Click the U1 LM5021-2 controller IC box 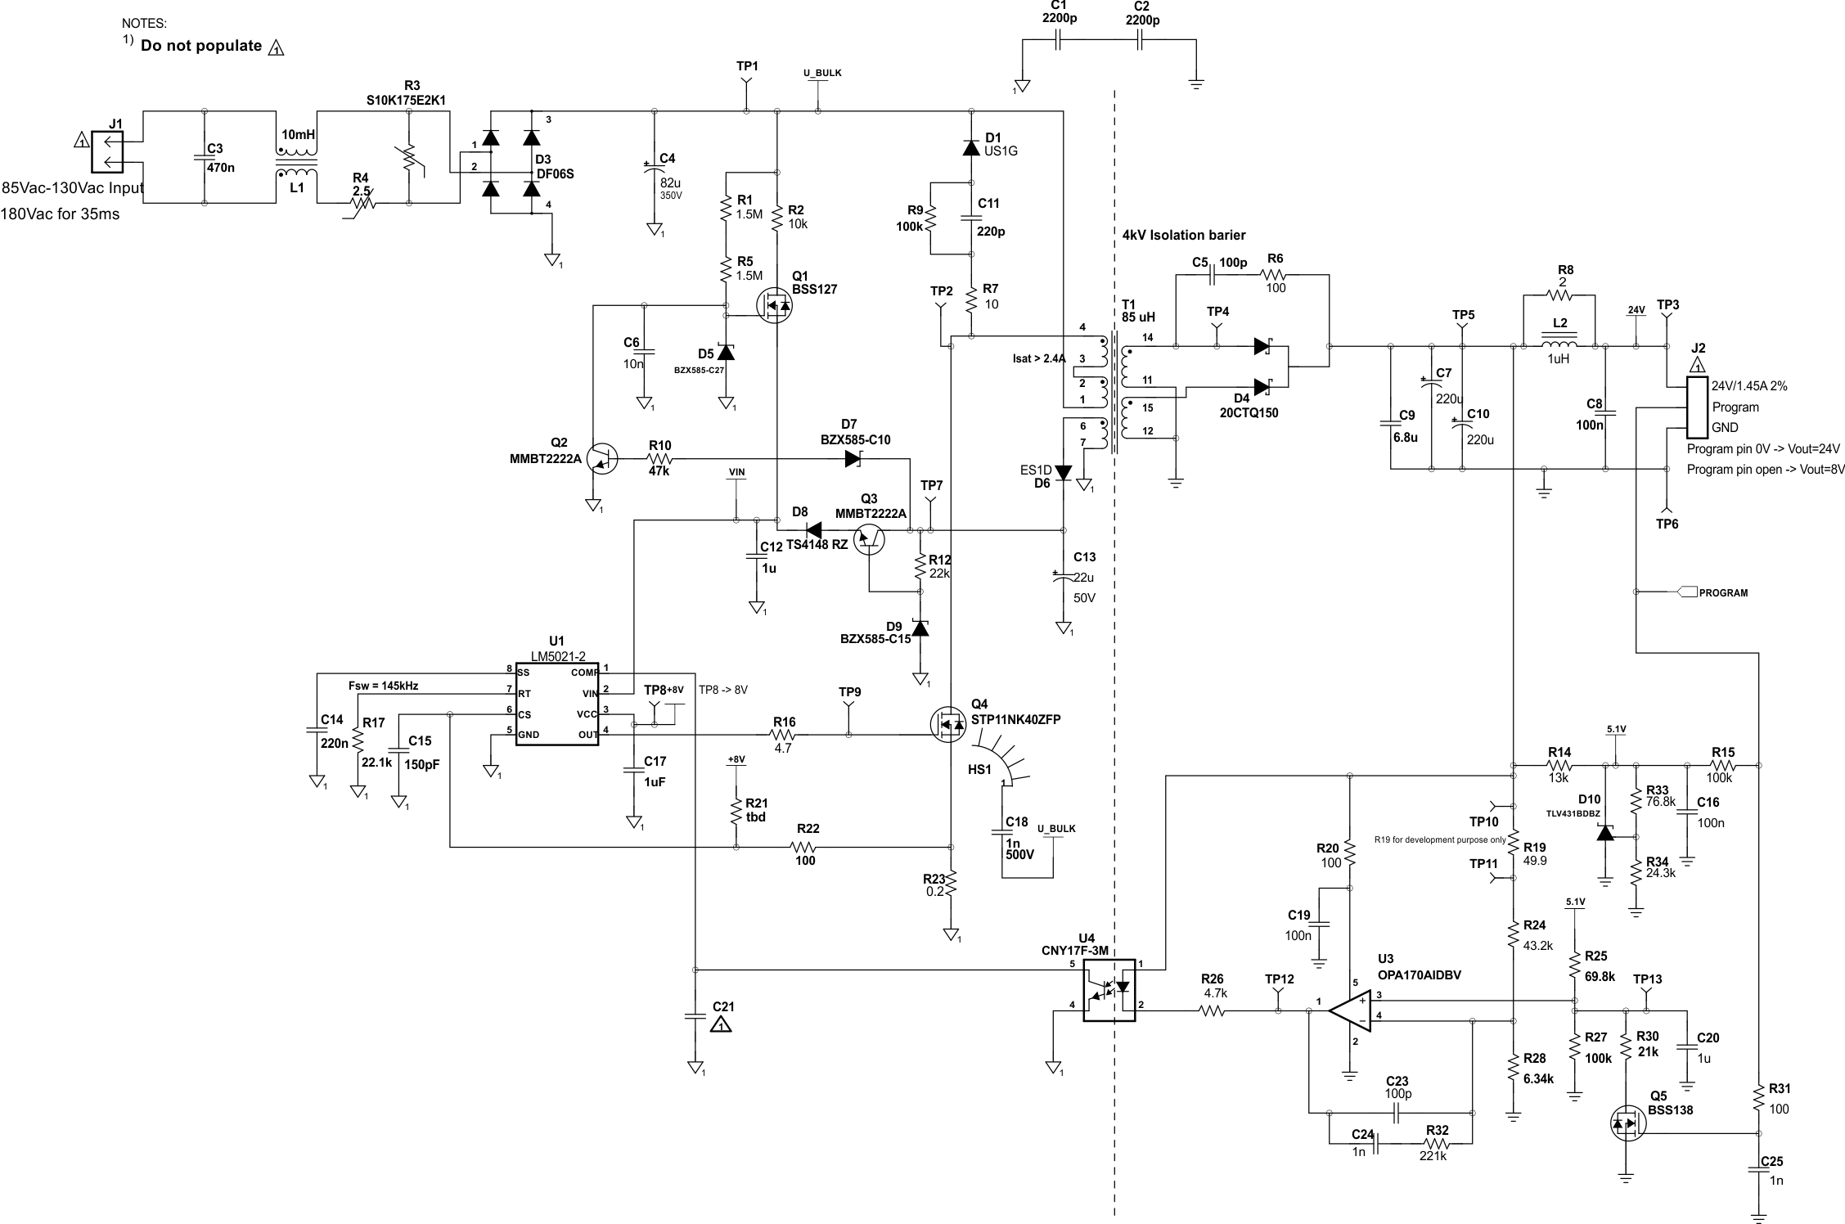point(556,704)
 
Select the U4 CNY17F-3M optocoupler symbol point(1109,990)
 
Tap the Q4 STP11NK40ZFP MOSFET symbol point(948,723)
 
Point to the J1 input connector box point(107,152)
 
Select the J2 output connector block point(1698,407)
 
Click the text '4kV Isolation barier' point(1183,236)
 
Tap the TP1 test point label point(746,66)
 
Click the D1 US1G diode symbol point(971,148)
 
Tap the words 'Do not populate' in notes point(201,46)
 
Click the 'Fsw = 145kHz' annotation point(383,686)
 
